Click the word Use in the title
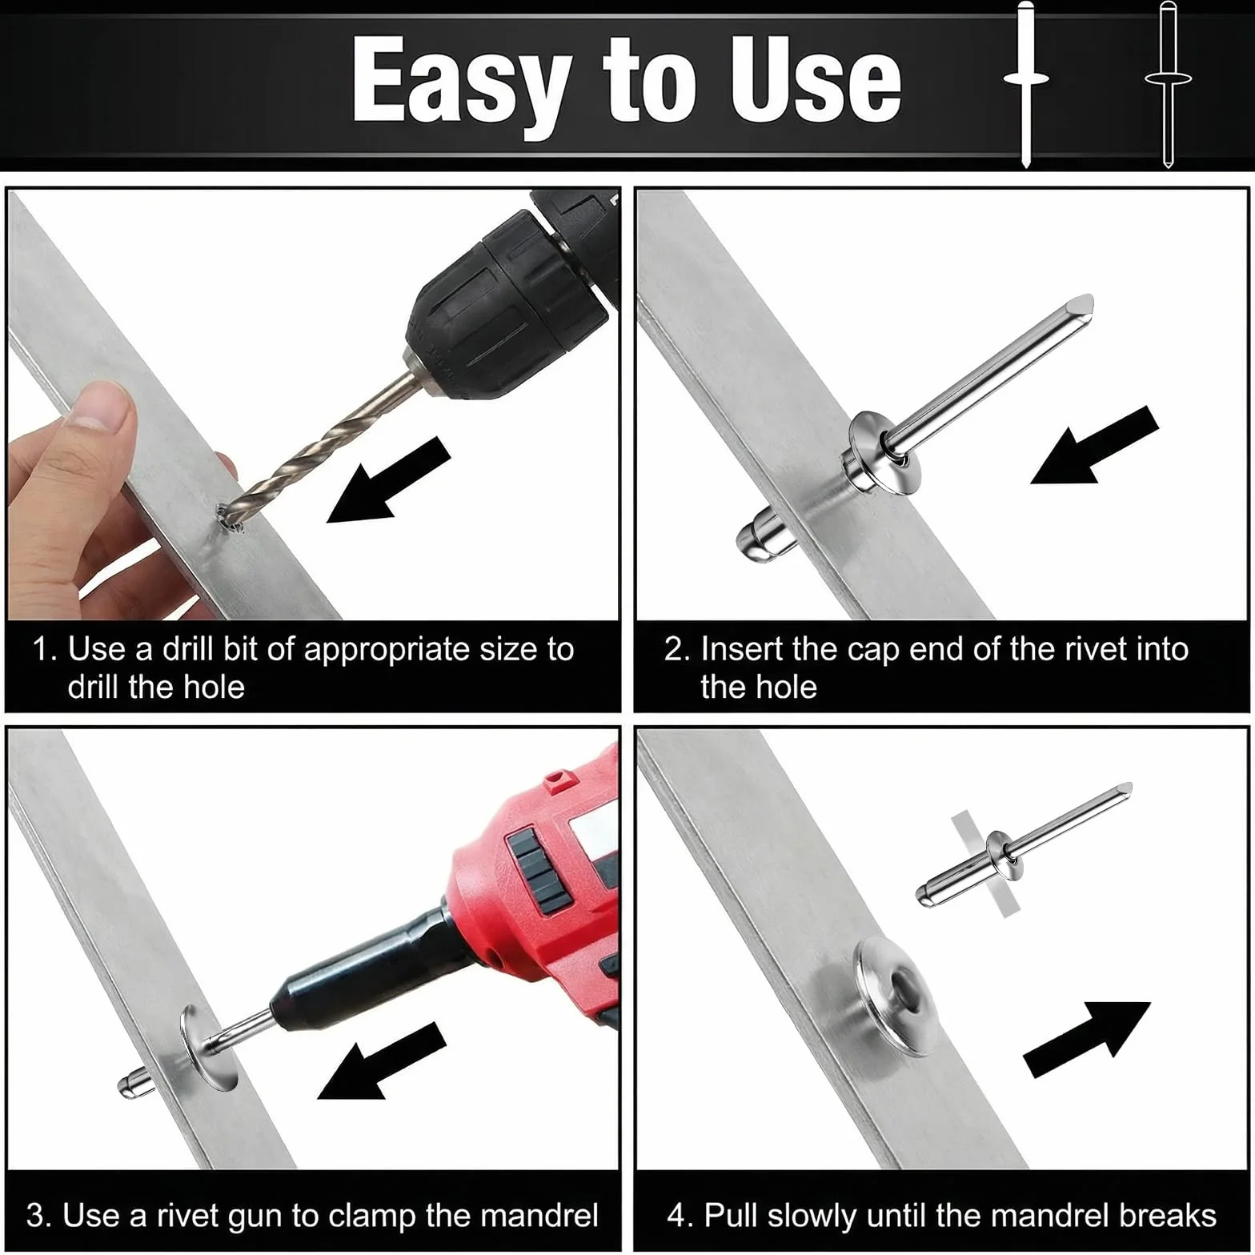click(x=816, y=80)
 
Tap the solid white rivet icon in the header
click(x=1026, y=84)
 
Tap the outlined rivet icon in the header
click(x=1168, y=84)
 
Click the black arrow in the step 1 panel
click(x=389, y=480)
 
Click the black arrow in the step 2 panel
click(x=1095, y=445)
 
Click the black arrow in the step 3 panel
click(x=382, y=1061)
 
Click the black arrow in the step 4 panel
click(x=1087, y=1039)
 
